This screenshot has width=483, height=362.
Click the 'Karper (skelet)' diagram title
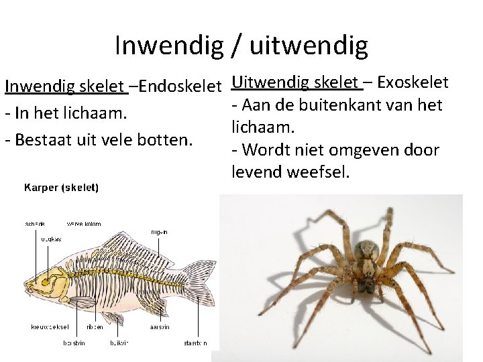pyautogui.click(x=62, y=188)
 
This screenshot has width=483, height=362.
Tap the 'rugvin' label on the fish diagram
pyautogui.click(x=159, y=232)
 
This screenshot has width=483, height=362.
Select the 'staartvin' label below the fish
pyautogui.click(x=196, y=343)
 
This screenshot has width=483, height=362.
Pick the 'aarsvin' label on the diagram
pyautogui.click(x=160, y=327)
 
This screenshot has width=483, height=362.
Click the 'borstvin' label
pyautogui.click(x=74, y=343)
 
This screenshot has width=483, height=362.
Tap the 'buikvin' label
pyautogui.click(x=119, y=343)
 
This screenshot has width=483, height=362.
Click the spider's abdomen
pyautogui.click(x=368, y=255)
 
